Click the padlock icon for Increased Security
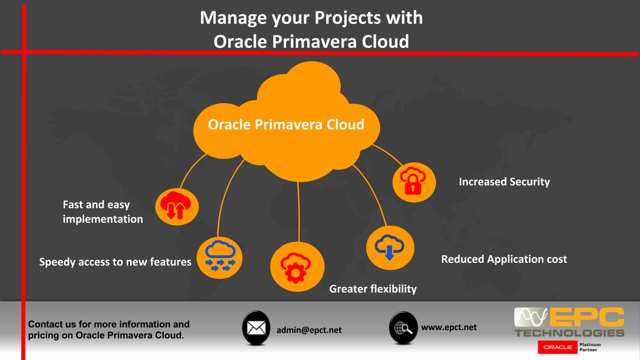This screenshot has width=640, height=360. pyautogui.click(x=414, y=182)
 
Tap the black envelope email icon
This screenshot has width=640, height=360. pyautogui.click(x=256, y=327)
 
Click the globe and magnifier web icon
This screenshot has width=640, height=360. pyautogui.click(x=403, y=327)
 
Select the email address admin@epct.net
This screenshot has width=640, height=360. pyautogui.click(x=309, y=330)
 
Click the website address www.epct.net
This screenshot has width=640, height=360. pyautogui.click(x=449, y=327)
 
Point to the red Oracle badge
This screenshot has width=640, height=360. pyautogui.click(x=558, y=347)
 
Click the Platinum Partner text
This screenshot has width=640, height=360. pyautogui.click(x=590, y=347)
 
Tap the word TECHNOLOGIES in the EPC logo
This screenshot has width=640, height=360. pyautogui.click(x=569, y=333)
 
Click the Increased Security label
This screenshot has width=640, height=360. pyautogui.click(x=504, y=182)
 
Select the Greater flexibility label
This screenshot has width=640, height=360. pyautogui.click(x=373, y=289)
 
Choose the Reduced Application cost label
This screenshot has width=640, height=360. pyautogui.click(x=504, y=259)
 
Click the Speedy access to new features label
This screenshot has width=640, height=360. pyautogui.click(x=115, y=262)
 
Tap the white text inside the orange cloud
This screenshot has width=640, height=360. pyautogui.click(x=286, y=124)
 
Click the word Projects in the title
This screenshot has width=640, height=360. pyautogui.click(x=348, y=18)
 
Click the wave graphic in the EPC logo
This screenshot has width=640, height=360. pyautogui.click(x=531, y=317)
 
